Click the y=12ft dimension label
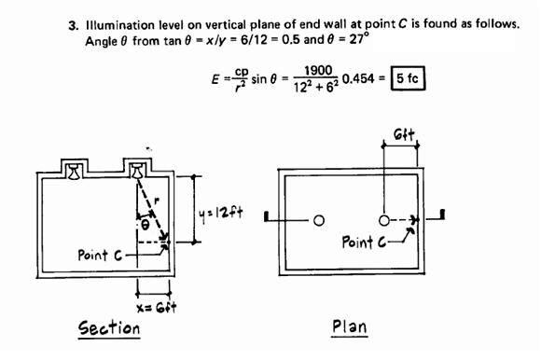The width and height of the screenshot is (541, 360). (222, 212)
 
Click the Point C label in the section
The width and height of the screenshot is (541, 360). (101, 255)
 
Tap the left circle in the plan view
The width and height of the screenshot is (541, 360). (318, 221)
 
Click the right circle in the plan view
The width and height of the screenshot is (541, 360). (384, 220)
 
